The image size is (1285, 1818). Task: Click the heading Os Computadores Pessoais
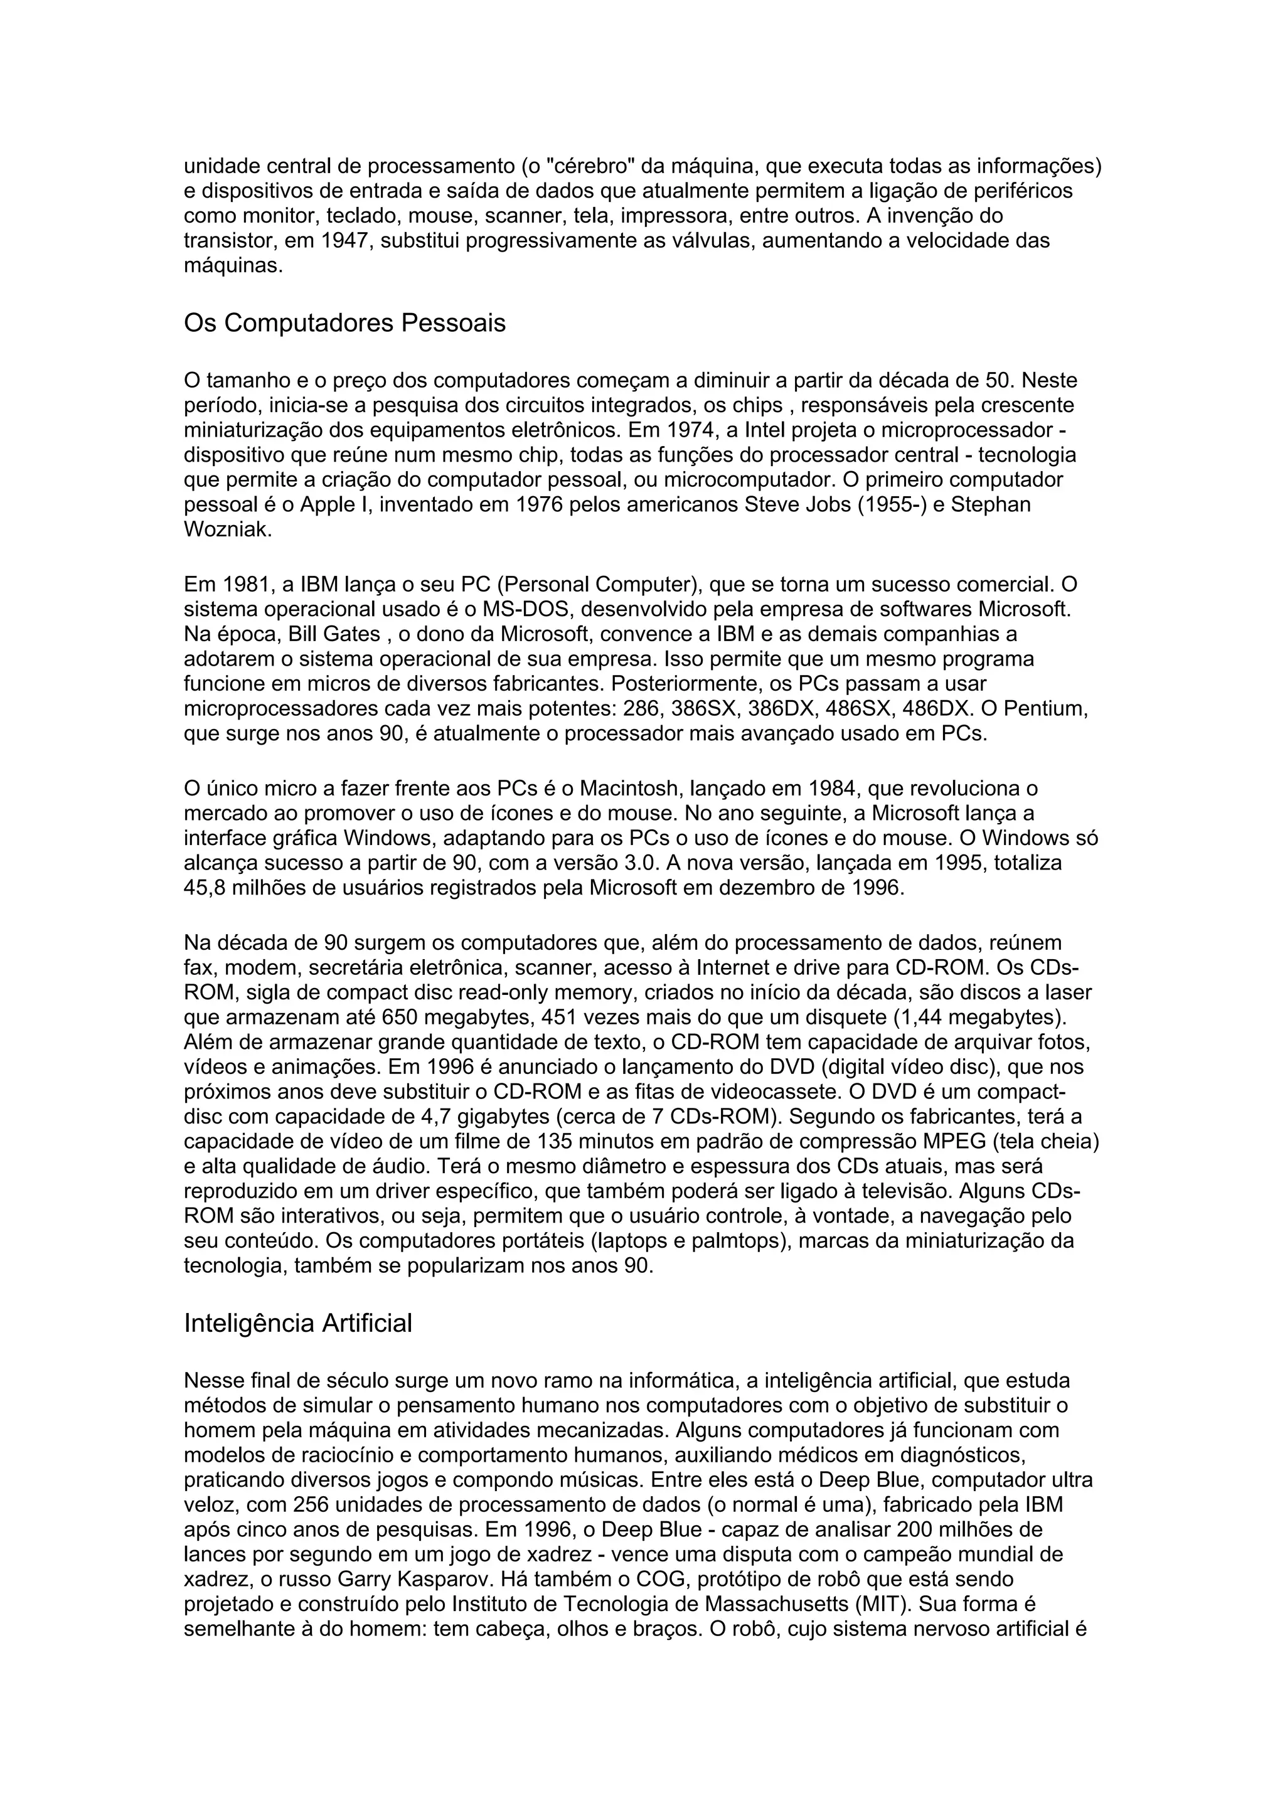[344, 324]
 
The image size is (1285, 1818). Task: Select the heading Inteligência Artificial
[297, 1323]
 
